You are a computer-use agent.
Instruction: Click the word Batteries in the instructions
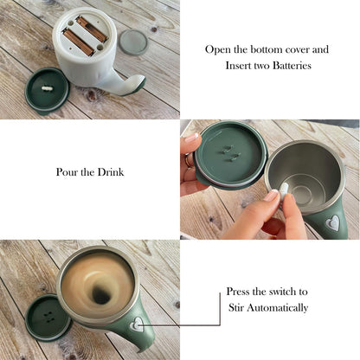(292, 66)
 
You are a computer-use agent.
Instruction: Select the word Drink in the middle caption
(111, 172)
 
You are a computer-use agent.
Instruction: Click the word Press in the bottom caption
(238, 292)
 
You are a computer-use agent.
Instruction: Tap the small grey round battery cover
(133, 42)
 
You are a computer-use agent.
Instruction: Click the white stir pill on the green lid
(47, 88)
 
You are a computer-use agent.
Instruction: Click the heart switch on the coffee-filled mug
(137, 324)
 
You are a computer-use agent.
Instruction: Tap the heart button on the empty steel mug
(333, 223)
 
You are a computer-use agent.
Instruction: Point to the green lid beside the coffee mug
(48, 318)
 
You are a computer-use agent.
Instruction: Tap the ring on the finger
(189, 160)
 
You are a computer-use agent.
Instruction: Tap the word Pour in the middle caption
(67, 172)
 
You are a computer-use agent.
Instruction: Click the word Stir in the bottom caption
(236, 307)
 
